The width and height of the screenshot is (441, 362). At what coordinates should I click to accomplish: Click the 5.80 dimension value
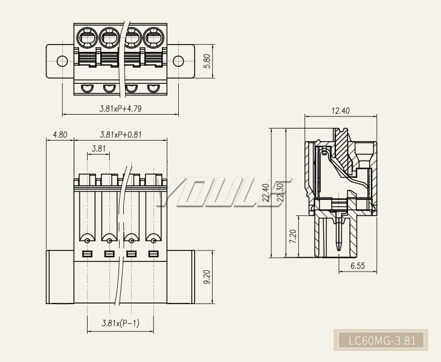tap(207, 62)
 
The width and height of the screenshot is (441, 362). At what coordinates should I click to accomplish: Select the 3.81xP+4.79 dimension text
tap(121, 109)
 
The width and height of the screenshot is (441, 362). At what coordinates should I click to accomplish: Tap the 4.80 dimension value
tap(60, 135)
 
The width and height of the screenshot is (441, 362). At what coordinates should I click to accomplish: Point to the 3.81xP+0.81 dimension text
tap(120, 135)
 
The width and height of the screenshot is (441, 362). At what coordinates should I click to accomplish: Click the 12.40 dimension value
tap(341, 110)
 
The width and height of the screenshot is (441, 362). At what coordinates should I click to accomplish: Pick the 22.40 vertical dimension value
tap(266, 194)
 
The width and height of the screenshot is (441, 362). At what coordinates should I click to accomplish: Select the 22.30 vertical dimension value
tap(279, 194)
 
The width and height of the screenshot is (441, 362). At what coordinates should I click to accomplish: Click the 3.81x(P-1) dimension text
tap(120, 323)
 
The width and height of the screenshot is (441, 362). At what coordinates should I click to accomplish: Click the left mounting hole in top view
tap(62, 61)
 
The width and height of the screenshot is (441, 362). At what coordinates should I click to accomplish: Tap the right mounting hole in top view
tap(179, 61)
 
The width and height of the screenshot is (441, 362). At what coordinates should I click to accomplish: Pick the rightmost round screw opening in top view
tap(153, 39)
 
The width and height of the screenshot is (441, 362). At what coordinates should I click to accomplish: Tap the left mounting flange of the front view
tap(60, 278)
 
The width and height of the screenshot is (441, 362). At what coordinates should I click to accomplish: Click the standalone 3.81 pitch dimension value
tap(99, 149)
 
